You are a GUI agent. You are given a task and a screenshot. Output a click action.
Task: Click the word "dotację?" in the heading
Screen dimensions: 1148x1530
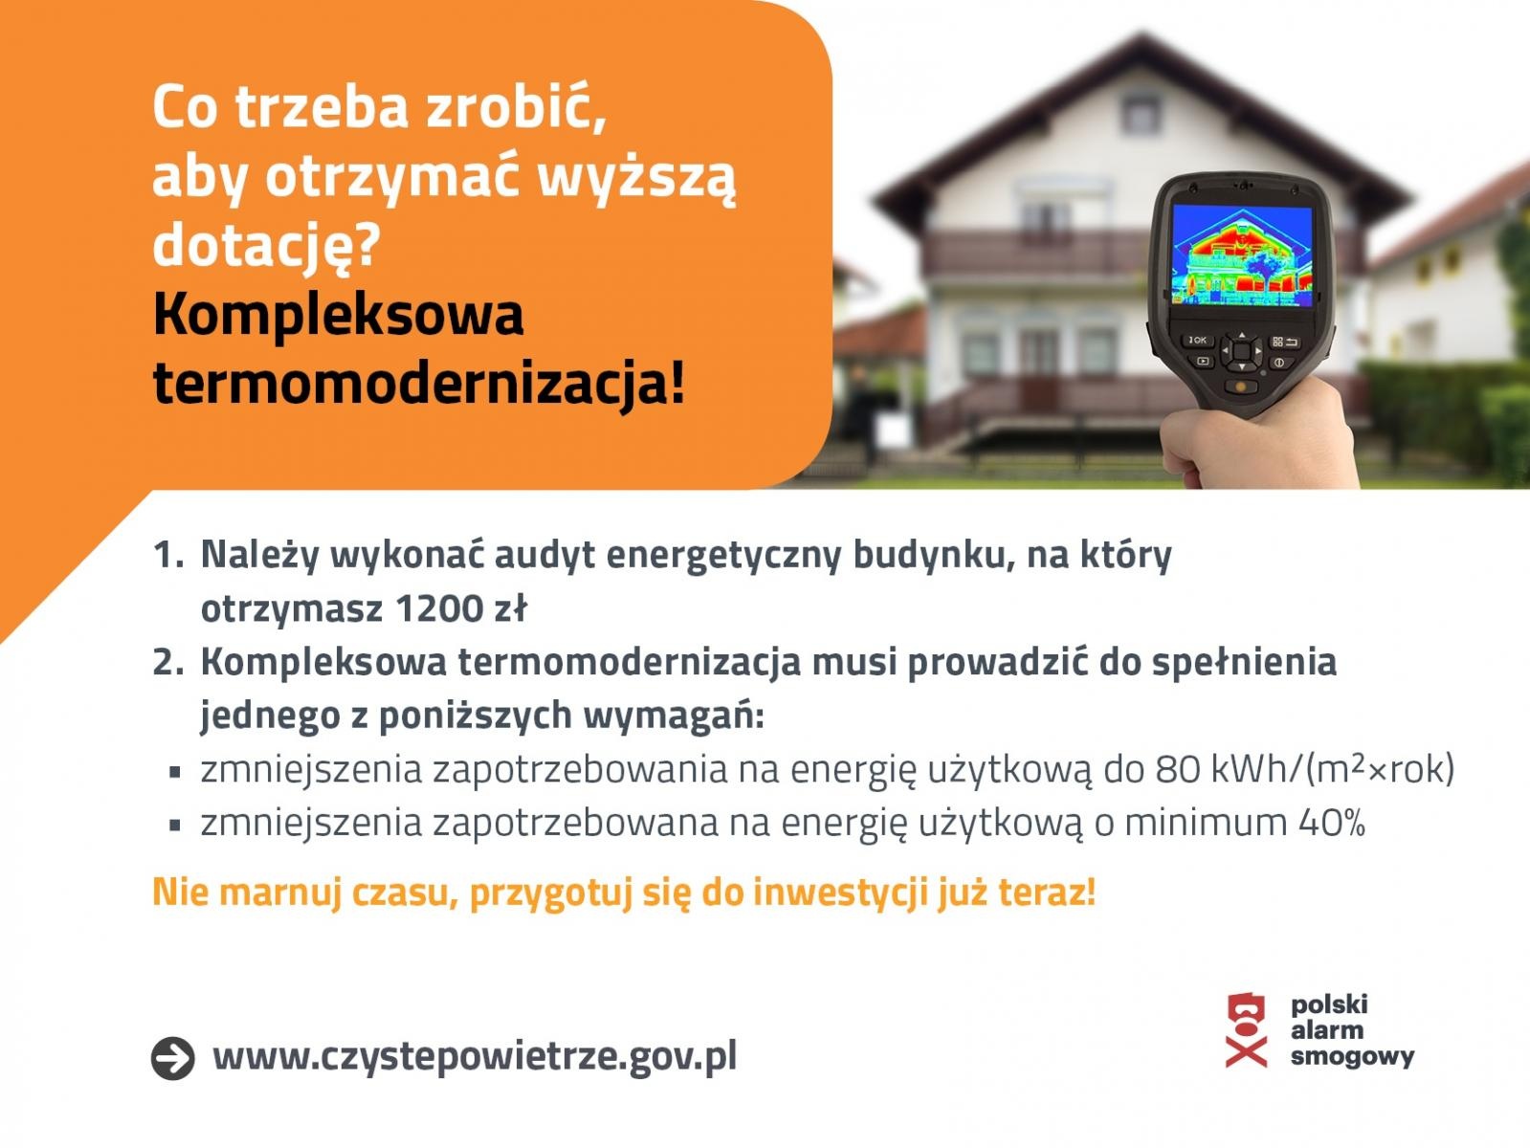[x=266, y=246]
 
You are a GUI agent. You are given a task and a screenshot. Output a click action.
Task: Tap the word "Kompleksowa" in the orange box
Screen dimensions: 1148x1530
[x=338, y=316]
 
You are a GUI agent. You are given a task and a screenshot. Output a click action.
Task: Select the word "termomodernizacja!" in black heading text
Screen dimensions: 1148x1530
[x=419, y=385]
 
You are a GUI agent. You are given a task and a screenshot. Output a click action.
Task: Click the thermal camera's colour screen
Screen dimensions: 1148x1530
[x=1242, y=255]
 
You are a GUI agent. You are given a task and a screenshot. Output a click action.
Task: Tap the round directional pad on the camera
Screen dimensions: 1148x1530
[x=1241, y=351]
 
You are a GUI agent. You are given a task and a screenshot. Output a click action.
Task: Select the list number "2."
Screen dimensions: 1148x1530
[x=168, y=662]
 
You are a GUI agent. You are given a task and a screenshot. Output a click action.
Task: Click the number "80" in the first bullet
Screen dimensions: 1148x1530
[x=1177, y=769]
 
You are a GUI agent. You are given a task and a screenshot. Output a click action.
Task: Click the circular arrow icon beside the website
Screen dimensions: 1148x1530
[x=173, y=1058]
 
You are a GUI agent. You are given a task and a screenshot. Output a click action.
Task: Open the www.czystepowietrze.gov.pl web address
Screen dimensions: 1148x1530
[x=475, y=1056]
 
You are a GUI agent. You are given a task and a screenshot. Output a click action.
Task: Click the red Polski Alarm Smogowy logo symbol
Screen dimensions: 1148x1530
[x=1246, y=1030]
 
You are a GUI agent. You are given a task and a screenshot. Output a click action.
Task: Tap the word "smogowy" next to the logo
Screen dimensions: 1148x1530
[x=1351, y=1057]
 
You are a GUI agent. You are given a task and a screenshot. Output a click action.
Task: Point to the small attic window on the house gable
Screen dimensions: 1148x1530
[x=1141, y=114]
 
